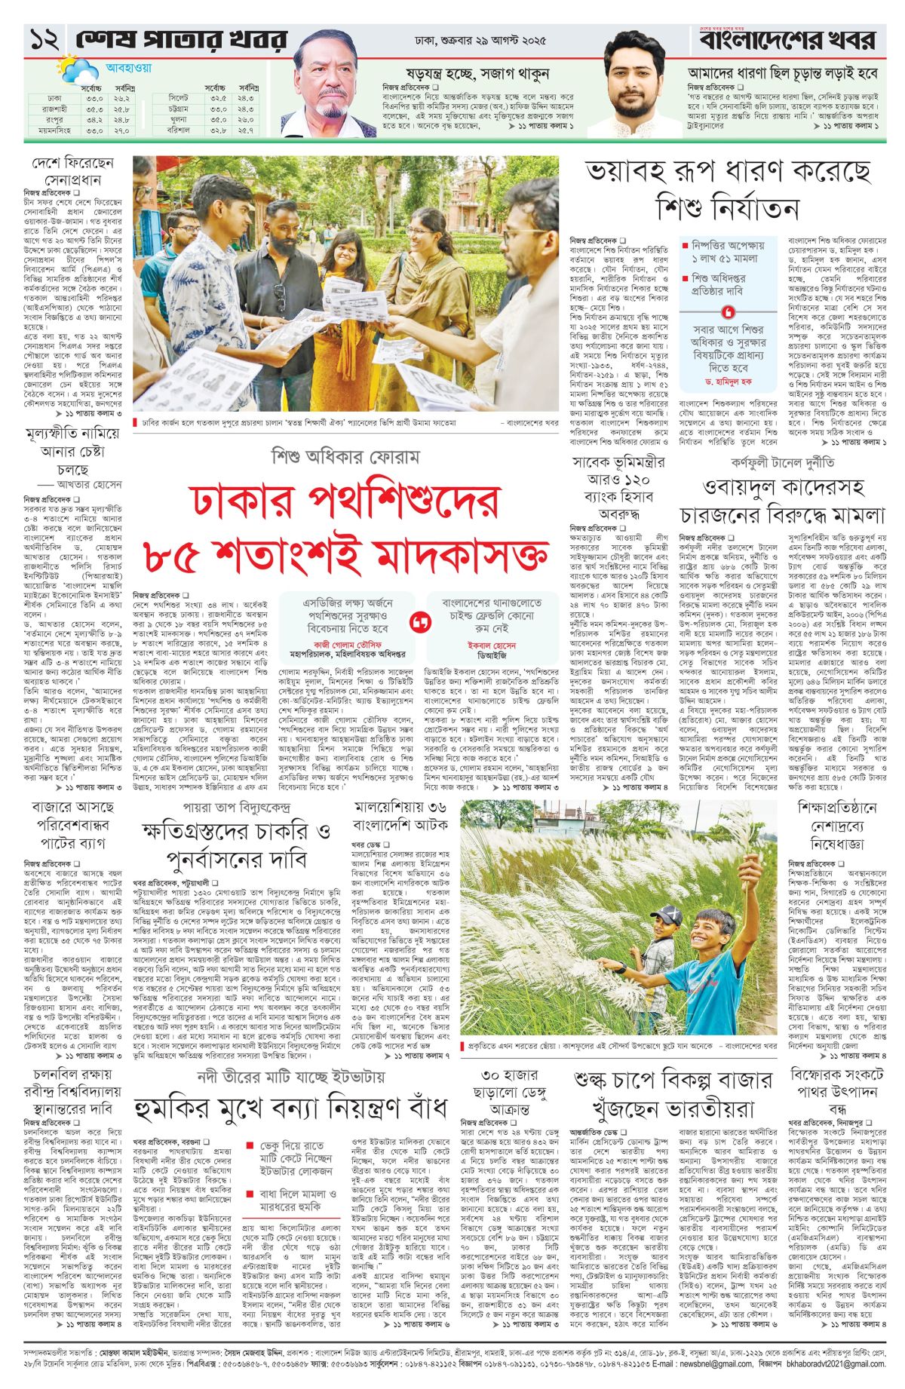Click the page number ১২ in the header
(x=44, y=40)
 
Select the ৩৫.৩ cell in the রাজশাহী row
(x=94, y=109)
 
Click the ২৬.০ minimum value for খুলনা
(x=246, y=120)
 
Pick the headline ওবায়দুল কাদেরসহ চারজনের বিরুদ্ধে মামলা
(x=781, y=501)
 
